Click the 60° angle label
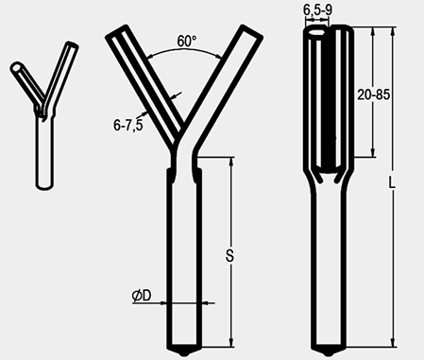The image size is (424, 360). (x=187, y=42)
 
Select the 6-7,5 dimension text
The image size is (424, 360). (x=128, y=126)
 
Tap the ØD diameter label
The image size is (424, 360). (x=142, y=296)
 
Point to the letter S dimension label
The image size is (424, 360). (x=230, y=255)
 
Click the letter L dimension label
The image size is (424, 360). (x=392, y=182)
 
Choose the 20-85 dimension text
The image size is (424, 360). (x=374, y=94)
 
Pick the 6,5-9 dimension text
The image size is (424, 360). (x=317, y=10)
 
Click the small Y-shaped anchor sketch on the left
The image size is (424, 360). (x=44, y=115)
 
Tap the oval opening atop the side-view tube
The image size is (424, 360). (x=316, y=32)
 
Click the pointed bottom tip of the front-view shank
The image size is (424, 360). (x=184, y=353)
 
